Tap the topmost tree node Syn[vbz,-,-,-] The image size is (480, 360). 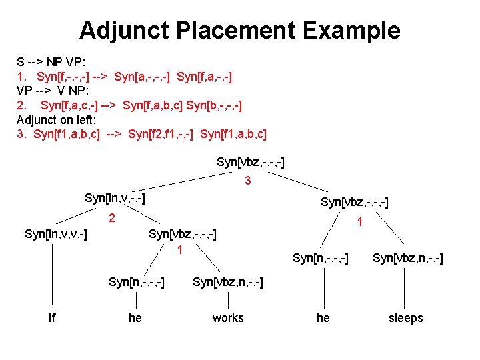[x=251, y=161]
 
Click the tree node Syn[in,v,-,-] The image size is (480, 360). [x=115, y=198]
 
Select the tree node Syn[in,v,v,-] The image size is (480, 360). [x=56, y=234]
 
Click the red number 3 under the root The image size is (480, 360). [x=247, y=180]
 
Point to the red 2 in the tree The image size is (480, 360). [x=113, y=217]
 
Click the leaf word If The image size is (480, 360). [x=52, y=318]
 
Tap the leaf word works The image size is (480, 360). [x=228, y=318]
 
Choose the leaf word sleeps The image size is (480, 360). [x=405, y=318]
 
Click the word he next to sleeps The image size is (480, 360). [x=323, y=318]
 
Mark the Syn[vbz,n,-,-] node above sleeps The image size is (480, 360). [x=407, y=258]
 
